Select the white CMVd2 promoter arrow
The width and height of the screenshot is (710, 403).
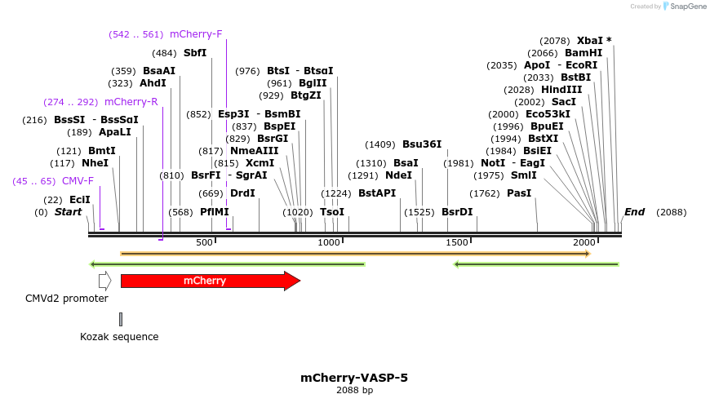[x=104, y=281]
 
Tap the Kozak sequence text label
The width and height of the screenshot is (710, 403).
[x=119, y=337]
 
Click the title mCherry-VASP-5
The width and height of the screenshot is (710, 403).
[x=354, y=378]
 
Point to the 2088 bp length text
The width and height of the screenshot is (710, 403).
[x=354, y=391]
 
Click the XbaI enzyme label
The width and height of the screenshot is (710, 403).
[x=593, y=41]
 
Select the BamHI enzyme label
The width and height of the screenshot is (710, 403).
[x=583, y=53]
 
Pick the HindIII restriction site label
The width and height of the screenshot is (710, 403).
[x=561, y=90]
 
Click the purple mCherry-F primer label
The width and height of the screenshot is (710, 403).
[x=196, y=34]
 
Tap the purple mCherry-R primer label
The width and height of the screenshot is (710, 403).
[x=131, y=102]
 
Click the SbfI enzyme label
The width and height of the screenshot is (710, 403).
[x=195, y=53]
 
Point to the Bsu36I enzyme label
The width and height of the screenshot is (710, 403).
[x=422, y=144]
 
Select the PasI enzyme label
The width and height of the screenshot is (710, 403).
[x=519, y=193]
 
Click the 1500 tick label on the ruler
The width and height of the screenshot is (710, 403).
[x=457, y=242]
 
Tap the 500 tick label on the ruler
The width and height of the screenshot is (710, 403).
[x=204, y=242]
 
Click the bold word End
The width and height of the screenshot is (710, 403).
[x=634, y=212]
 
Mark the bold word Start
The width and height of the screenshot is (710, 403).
[x=69, y=212]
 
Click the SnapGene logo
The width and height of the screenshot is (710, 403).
[x=686, y=7]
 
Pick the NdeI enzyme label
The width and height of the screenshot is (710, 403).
[x=398, y=175]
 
